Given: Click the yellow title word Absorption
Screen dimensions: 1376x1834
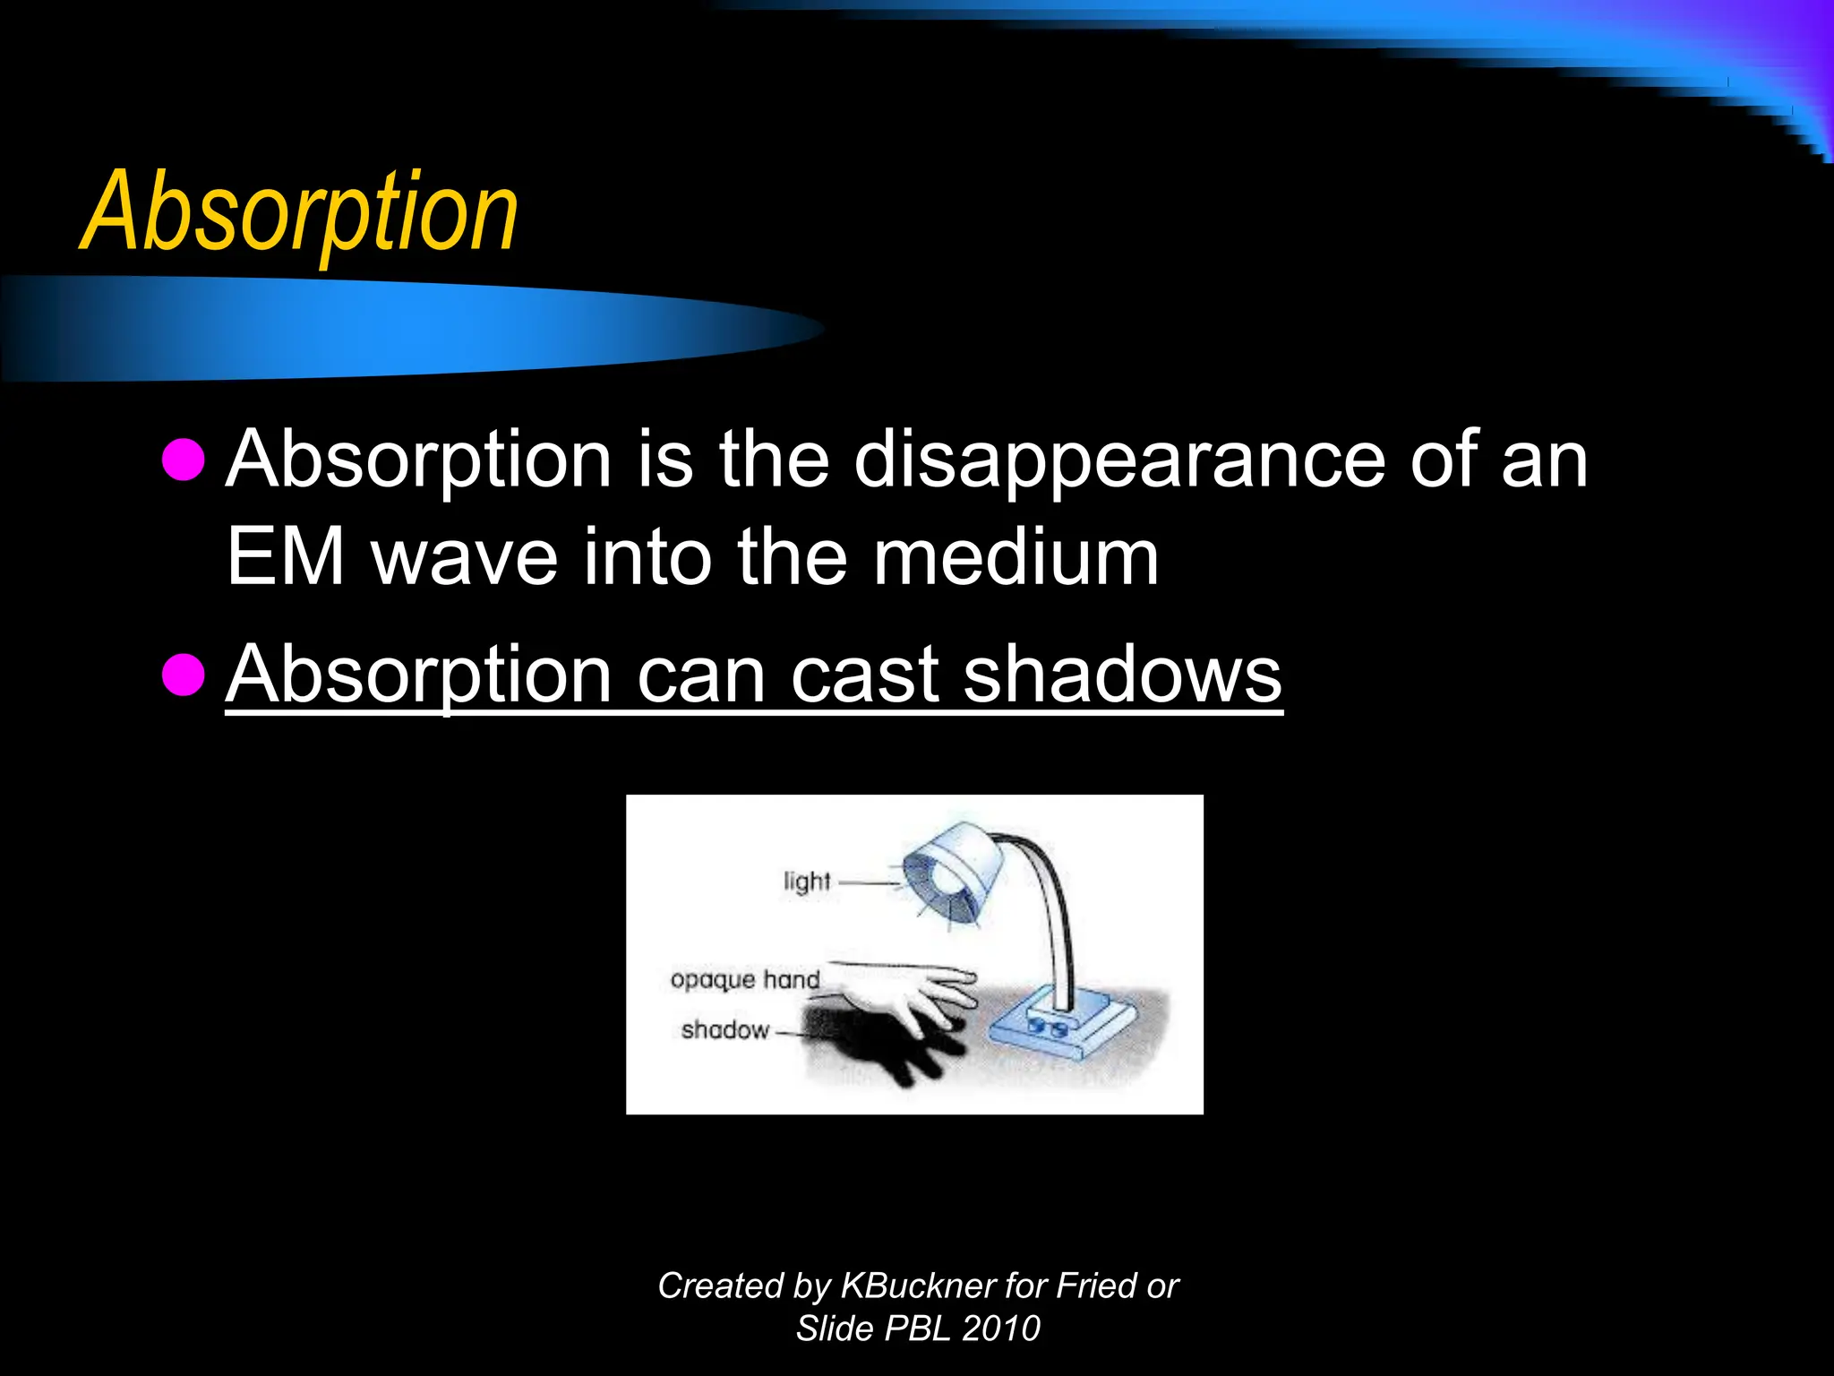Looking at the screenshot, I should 300,213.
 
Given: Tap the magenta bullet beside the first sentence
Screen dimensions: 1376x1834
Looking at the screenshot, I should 184,459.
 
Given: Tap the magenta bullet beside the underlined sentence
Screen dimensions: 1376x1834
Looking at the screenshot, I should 184,674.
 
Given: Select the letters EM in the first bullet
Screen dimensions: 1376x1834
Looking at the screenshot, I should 286,557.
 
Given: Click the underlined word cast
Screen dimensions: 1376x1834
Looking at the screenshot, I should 864,674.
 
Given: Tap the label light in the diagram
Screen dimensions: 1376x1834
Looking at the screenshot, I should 807,881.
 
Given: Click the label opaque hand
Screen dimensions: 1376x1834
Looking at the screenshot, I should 745,979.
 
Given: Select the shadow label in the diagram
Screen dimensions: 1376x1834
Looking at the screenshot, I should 724,1030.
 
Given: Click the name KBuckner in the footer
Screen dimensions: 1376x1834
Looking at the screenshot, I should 919,1286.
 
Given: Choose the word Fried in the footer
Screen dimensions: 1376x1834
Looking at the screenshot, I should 1096,1286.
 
